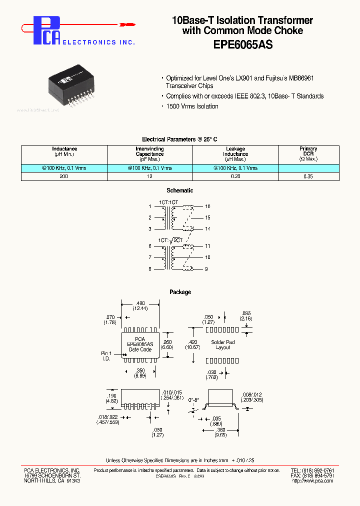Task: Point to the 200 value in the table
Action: tap(64, 176)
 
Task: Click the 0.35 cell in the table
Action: tap(308, 176)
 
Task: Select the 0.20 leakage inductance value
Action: tap(235, 176)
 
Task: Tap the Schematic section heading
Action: tap(179, 190)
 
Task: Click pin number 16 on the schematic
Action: tap(207, 206)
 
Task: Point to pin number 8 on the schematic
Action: tap(149, 269)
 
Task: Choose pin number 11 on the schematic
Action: tap(207, 246)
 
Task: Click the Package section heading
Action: tap(180, 292)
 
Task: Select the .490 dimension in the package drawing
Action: tap(140, 303)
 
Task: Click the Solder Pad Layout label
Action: tap(222, 345)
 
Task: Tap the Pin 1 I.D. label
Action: tap(106, 356)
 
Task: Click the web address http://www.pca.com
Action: tap(312, 481)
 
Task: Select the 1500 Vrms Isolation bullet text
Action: tap(192, 106)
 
